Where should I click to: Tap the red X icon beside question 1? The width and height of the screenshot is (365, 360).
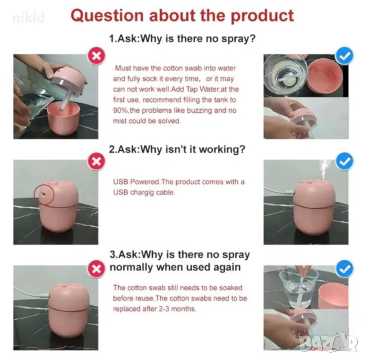[x=96, y=56]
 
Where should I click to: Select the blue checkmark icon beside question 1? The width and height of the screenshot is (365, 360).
[x=345, y=56]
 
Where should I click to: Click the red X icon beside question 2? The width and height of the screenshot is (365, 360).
[x=96, y=161]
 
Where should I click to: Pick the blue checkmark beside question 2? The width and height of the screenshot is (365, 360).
[x=345, y=161]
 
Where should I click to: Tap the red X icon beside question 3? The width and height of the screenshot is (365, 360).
[x=96, y=269]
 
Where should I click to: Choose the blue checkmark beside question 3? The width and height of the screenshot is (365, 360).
[x=345, y=269]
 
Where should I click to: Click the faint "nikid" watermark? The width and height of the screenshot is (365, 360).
[x=29, y=17]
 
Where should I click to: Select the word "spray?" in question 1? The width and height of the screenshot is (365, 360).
[x=239, y=38]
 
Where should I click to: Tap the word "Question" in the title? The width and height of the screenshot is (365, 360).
[x=107, y=16]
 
